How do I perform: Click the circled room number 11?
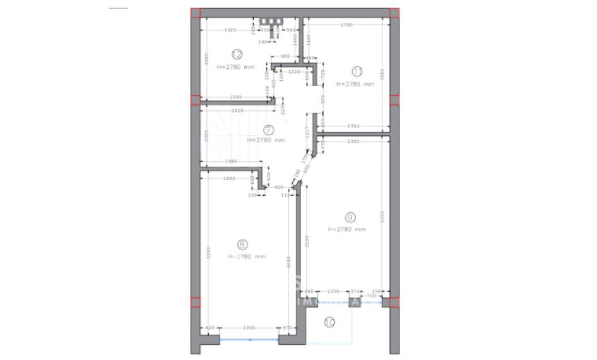click(358, 71)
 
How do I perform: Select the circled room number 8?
click(242, 244)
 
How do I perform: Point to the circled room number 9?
click(350, 217)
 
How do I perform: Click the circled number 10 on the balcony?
click(329, 322)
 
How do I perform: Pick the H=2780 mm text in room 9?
click(346, 229)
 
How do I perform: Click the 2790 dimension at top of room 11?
click(346, 25)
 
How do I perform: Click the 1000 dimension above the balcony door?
click(333, 291)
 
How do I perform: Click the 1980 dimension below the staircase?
click(230, 161)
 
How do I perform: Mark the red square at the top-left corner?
click(196, 12)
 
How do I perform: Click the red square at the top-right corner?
click(394, 12)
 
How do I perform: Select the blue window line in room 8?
click(249, 340)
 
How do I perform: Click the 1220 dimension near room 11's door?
click(293, 72)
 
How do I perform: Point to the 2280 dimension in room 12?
click(235, 97)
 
